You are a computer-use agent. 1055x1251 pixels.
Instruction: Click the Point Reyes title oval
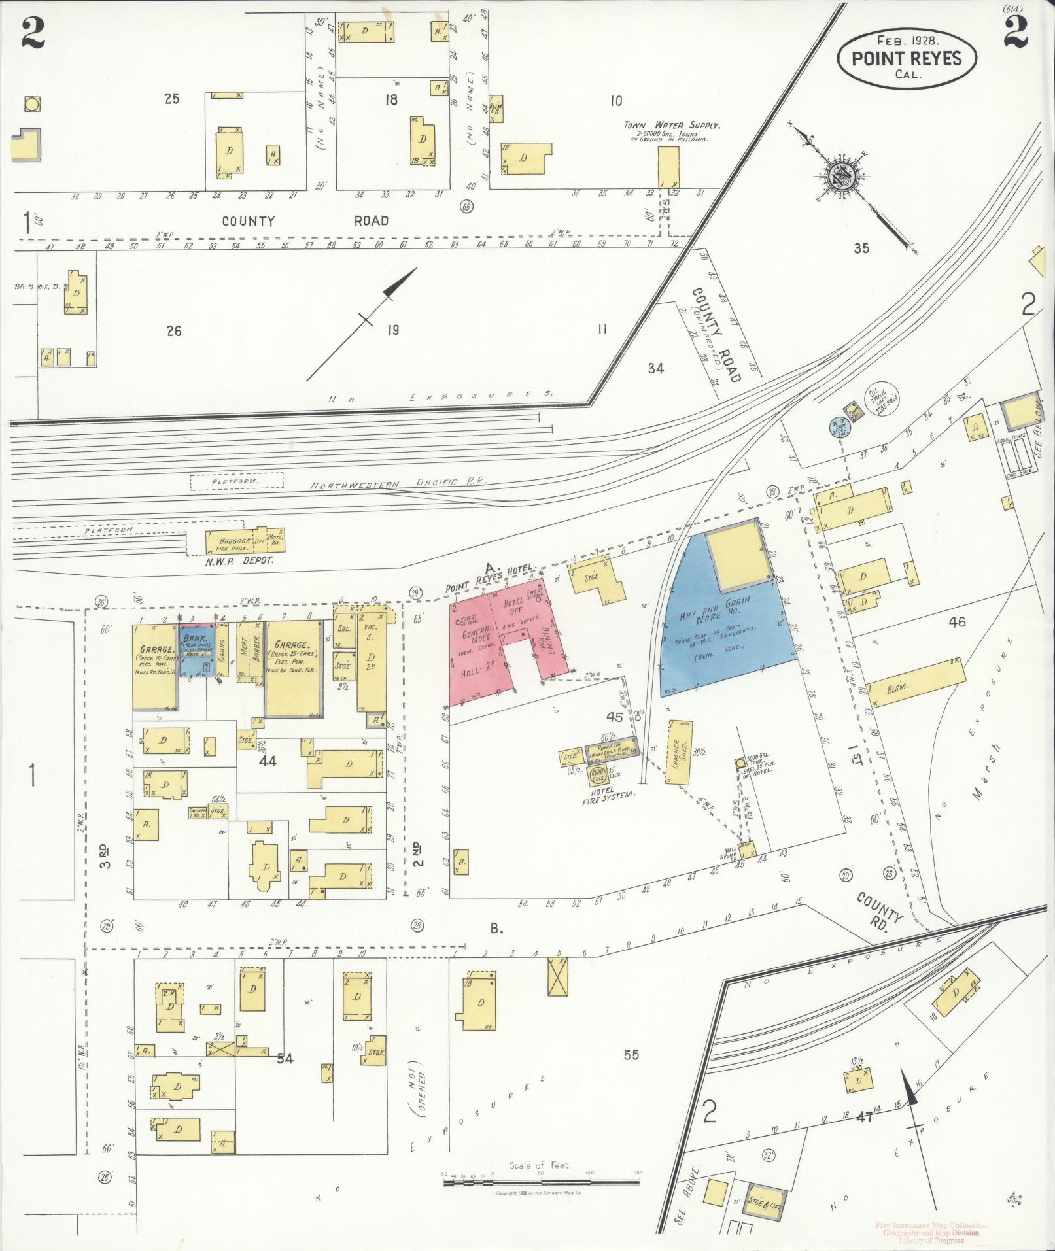coord(907,58)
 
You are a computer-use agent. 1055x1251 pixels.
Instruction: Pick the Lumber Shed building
coord(680,752)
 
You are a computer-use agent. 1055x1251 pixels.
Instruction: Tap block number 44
coord(268,761)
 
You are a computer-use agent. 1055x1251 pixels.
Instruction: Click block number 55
coord(631,1054)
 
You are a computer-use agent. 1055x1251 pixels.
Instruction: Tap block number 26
coord(173,331)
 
